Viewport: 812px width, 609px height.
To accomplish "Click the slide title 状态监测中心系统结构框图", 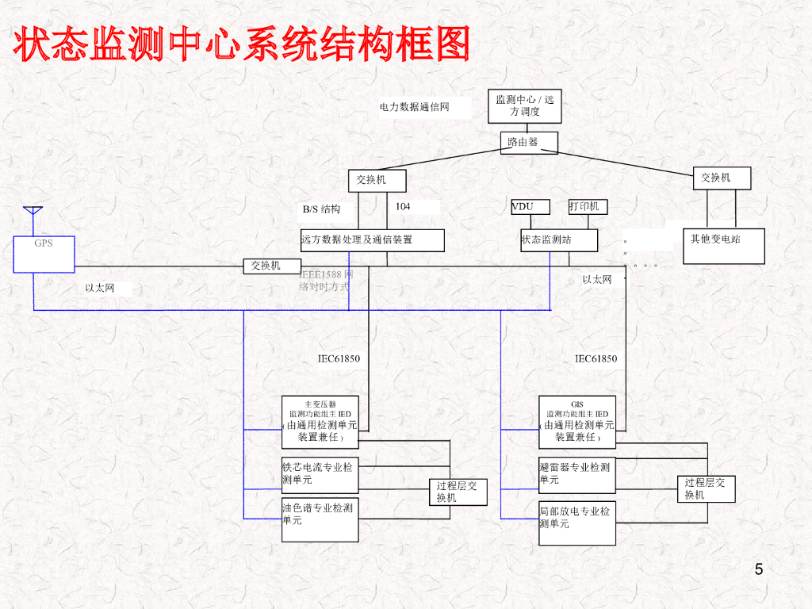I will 241,44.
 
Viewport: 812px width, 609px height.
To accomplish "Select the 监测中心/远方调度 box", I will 524,106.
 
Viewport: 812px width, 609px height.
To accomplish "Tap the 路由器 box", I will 529,143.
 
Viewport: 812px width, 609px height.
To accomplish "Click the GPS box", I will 44,253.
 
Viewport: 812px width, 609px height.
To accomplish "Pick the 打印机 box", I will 588,207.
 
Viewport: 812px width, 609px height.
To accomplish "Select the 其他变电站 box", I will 724,246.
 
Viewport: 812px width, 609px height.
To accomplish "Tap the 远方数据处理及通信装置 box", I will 371,240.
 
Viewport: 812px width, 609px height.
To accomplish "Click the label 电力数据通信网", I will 414,107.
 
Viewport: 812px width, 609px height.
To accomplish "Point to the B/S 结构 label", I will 321,209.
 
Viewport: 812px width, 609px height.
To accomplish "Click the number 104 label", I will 404,206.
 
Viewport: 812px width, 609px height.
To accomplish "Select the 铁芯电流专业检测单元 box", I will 320,475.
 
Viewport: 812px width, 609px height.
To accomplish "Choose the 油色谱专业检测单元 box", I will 320,519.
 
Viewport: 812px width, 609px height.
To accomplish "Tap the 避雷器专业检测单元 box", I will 576,475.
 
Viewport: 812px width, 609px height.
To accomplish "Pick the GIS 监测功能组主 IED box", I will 576,421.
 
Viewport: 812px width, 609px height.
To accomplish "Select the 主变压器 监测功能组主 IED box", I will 320,421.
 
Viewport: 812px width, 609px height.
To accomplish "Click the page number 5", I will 759,569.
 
